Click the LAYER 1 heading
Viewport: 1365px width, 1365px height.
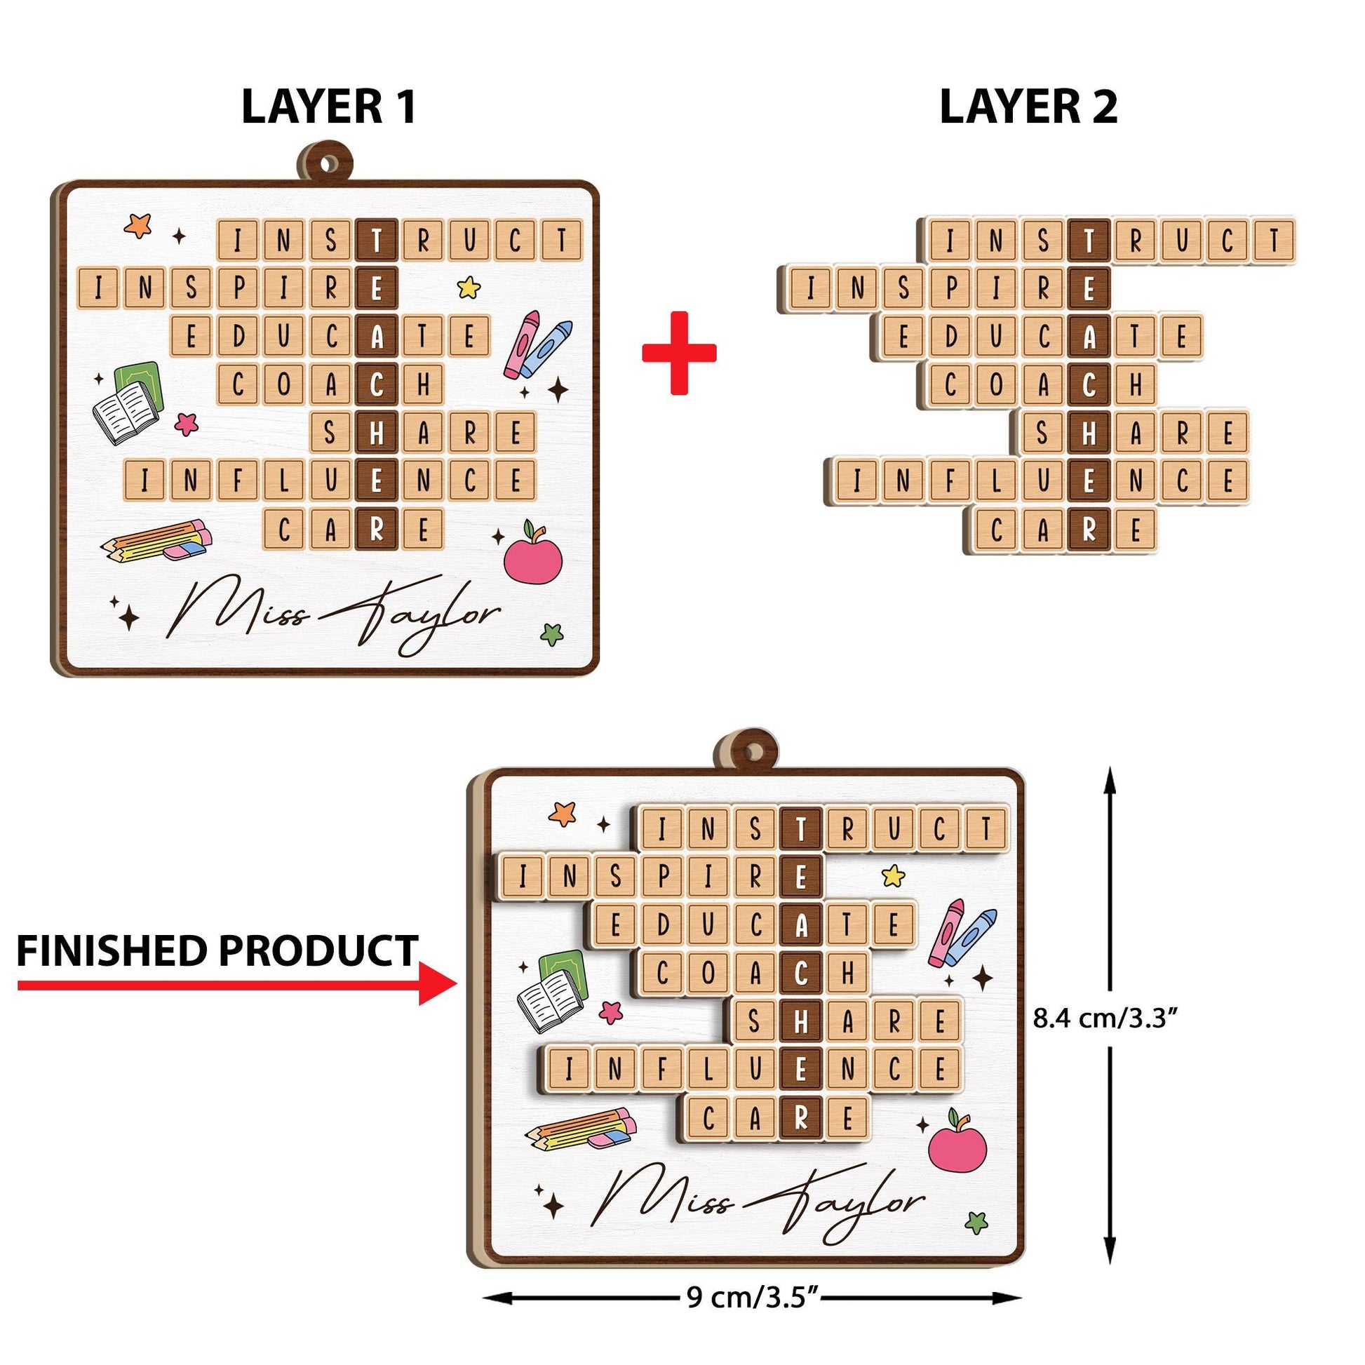[328, 107]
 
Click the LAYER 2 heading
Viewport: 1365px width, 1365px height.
[1028, 107]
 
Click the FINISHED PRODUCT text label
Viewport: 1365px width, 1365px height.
[217, 950]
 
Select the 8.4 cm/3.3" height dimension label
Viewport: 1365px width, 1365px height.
[1105, 1018]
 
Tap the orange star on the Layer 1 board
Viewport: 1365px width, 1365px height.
[138, 225]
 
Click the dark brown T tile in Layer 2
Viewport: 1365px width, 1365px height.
[1089, 240]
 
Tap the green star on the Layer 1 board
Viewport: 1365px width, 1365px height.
[552, 634]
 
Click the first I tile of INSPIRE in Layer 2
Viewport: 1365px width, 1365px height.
[809, 288]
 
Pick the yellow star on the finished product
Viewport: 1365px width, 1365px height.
[893, 876]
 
